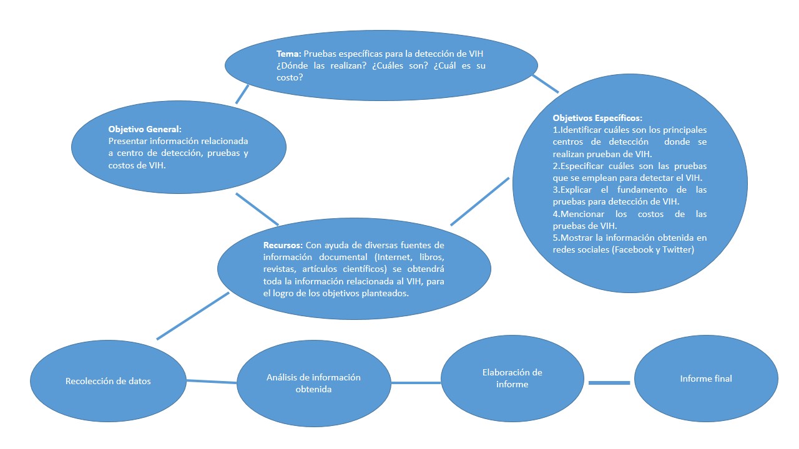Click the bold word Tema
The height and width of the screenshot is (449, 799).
[288, 54]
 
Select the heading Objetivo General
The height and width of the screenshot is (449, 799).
[144, 129]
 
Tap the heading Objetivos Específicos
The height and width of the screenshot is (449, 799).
[597, 118]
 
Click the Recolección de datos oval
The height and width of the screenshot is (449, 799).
[108, 381]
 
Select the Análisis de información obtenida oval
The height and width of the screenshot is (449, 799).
[313, 383]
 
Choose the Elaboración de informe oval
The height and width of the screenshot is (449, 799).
[512, 378]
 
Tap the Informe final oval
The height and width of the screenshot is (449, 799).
[706, 379]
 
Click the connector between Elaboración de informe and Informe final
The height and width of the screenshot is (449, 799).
[609, 382]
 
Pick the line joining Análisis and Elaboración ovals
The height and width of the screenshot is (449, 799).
[416, 382]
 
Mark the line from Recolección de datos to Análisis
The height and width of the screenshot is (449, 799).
[211, 381]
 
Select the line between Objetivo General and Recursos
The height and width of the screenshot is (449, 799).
[257, 209]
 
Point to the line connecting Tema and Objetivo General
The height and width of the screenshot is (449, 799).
[242, 94]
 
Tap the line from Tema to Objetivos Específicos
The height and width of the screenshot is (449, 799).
[546, 84]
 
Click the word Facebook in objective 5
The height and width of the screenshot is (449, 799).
[634, 249]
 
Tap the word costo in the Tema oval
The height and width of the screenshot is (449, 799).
[290, 77]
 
